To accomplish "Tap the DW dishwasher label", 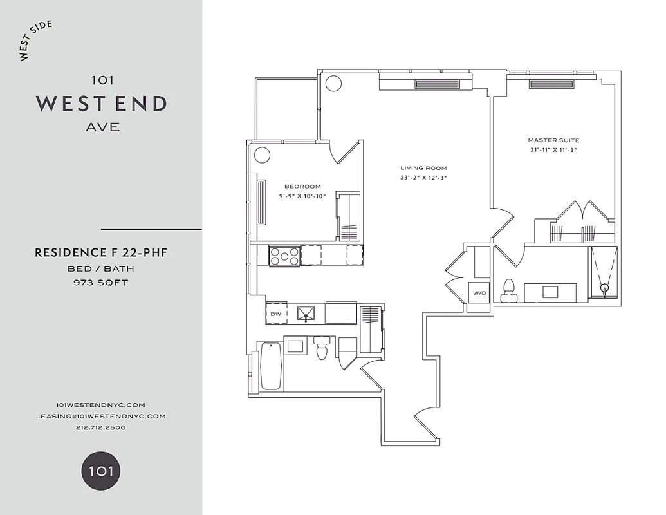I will [275, 314].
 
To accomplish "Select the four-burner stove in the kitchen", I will [284, 256].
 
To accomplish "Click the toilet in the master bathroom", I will [510, 290].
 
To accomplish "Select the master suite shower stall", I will [604, 274].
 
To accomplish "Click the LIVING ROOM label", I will [423, 167].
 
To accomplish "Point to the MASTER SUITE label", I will [553, 140].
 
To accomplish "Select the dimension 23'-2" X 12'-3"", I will [423, 178].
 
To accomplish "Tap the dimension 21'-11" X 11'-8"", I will [553, 150].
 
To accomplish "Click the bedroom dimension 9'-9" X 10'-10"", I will [302, 196].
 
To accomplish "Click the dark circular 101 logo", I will [101, 471].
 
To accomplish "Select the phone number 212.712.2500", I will [101, 427].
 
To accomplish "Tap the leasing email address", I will [101, 416].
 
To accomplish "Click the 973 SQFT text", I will [101, 282].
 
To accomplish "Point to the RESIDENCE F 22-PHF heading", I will [101, 253].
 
